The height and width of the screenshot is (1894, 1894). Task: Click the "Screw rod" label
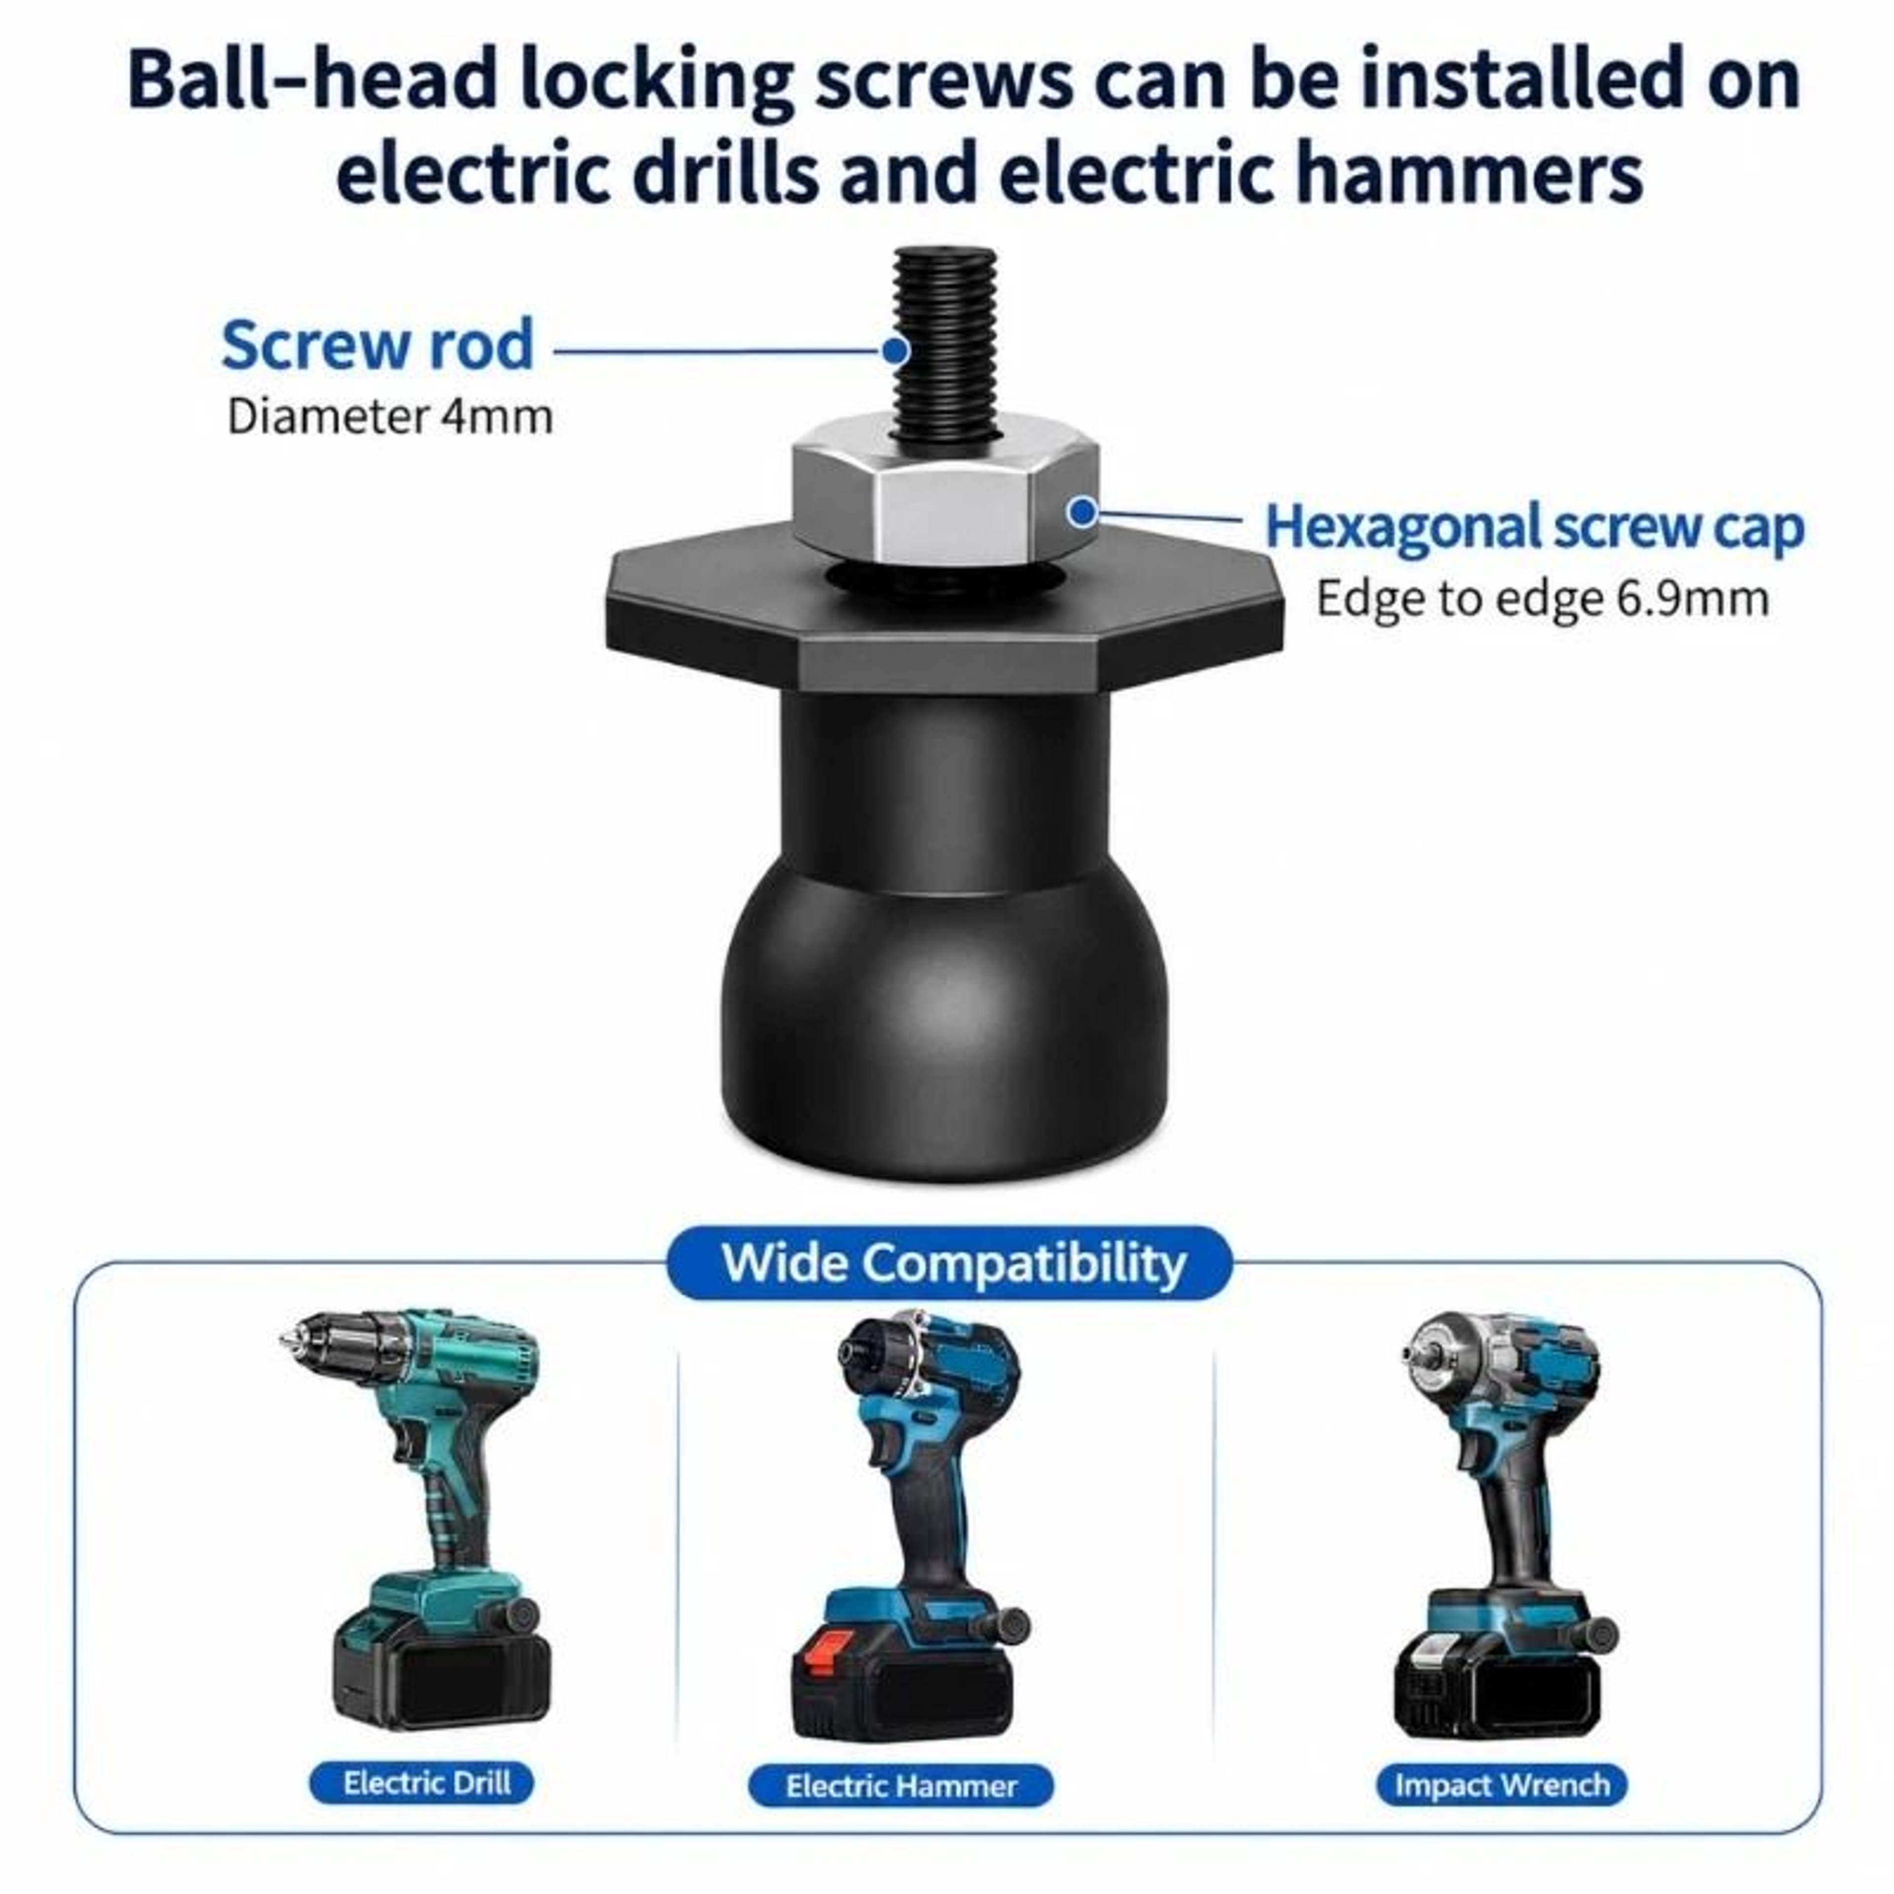pos(377,345)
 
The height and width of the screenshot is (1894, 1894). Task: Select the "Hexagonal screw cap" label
pos(1534,527)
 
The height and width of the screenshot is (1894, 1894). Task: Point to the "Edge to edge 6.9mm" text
pos(1542,598)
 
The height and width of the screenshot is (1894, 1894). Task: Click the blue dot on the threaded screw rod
pos(894,350)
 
